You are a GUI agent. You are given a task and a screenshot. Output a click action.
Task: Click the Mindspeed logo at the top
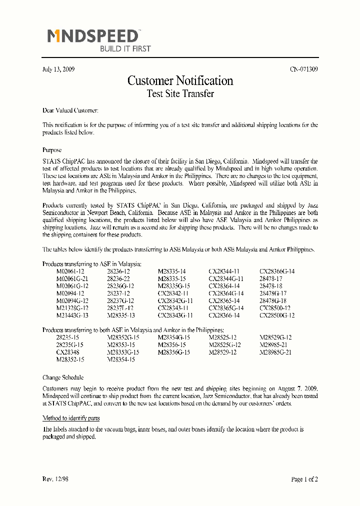pos(94,36)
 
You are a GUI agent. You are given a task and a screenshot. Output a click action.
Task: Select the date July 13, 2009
pos(58,69)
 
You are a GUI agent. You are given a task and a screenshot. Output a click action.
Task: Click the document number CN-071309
pos(303,69)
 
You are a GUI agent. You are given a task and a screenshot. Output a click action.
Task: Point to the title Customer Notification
pos(180,80)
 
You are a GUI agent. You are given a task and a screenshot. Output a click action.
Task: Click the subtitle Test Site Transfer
pos(180,93)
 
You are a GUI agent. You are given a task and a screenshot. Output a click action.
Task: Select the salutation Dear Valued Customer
pos(70,110)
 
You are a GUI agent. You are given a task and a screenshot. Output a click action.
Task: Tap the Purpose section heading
pos(52,150)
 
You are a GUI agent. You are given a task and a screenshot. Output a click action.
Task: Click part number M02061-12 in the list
pos(70,271)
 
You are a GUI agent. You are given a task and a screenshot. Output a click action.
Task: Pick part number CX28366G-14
pos(277,271)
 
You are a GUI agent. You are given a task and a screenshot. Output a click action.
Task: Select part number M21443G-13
pos(72,315)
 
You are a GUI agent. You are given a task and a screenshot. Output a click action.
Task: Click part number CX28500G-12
pos(277,315)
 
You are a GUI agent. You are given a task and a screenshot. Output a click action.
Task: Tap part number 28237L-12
pos(120,308)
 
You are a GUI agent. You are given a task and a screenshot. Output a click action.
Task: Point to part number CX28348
pos(68,352)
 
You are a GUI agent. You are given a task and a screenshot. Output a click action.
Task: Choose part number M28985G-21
pos(275,352)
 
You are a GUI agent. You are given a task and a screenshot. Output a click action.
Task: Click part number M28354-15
pos(121,359)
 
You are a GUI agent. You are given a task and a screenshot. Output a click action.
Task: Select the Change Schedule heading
pos(63,377)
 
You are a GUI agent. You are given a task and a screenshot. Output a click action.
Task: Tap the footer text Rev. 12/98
pos(55,479)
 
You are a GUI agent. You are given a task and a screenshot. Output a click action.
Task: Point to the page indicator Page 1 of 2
pos(304,479)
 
